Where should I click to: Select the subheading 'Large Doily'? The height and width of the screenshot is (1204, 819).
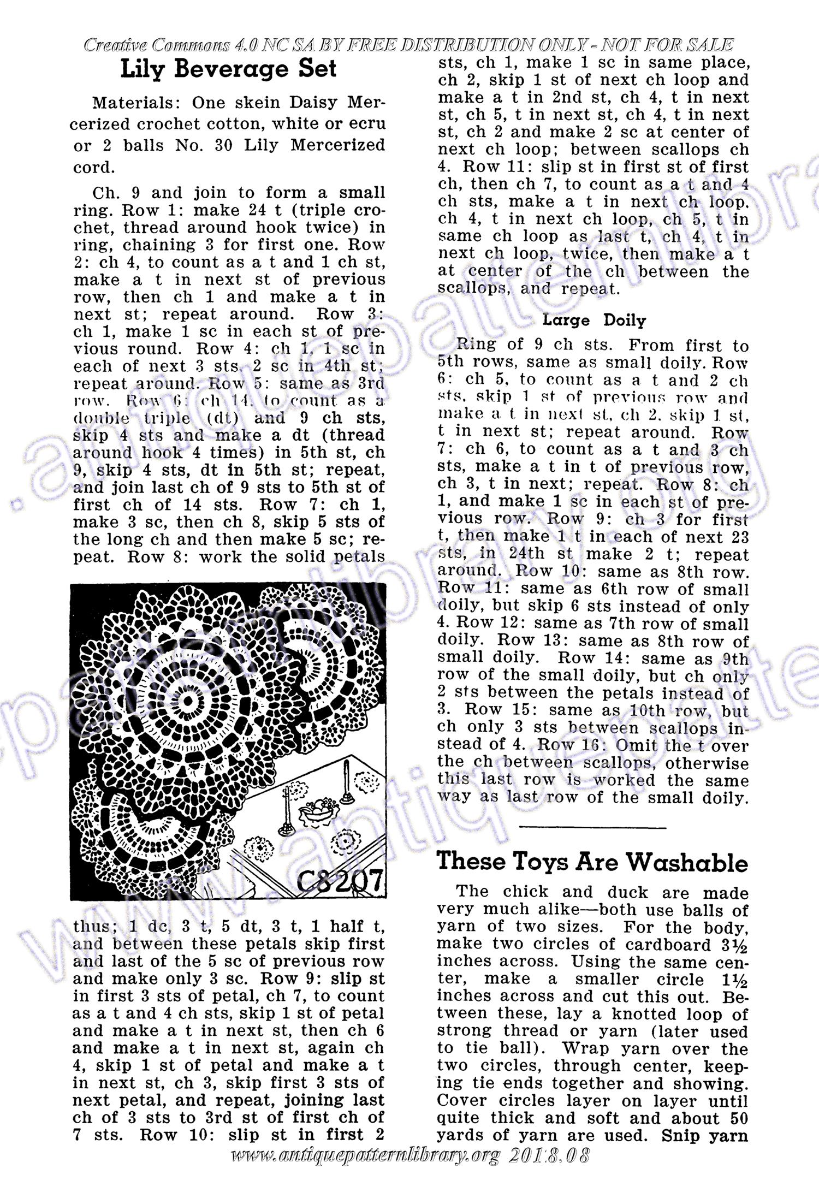[x=594, y=321]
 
